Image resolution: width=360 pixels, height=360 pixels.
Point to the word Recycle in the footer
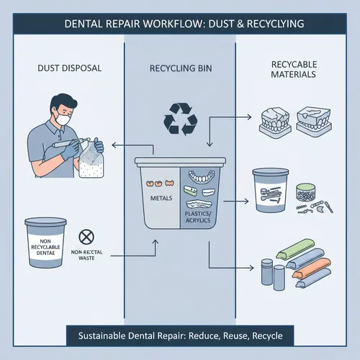coord(263,336)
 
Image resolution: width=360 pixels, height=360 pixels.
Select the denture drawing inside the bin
coord(203,177)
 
